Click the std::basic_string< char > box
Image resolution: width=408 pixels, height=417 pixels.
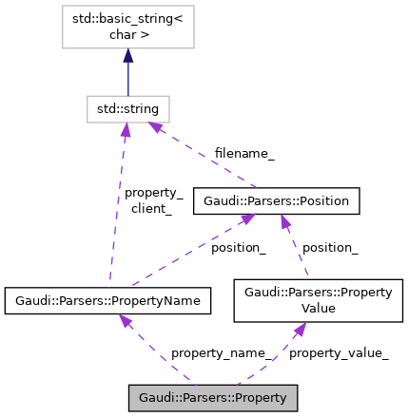coord(127,28)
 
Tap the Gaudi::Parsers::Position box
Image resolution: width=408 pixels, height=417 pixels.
coord(277,200)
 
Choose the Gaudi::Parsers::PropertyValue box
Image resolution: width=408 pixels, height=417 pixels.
coord(318,300)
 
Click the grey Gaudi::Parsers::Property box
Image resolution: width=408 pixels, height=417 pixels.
coord(213,397)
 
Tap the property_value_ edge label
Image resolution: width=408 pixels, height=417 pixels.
coord(338,353)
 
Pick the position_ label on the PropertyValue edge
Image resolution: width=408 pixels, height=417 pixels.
coord(329,247)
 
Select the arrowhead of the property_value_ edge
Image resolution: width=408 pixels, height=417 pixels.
coord(299,330)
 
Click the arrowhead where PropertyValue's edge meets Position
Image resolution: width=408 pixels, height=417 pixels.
coord(283,221)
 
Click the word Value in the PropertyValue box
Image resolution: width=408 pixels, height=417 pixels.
coord(319,308)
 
